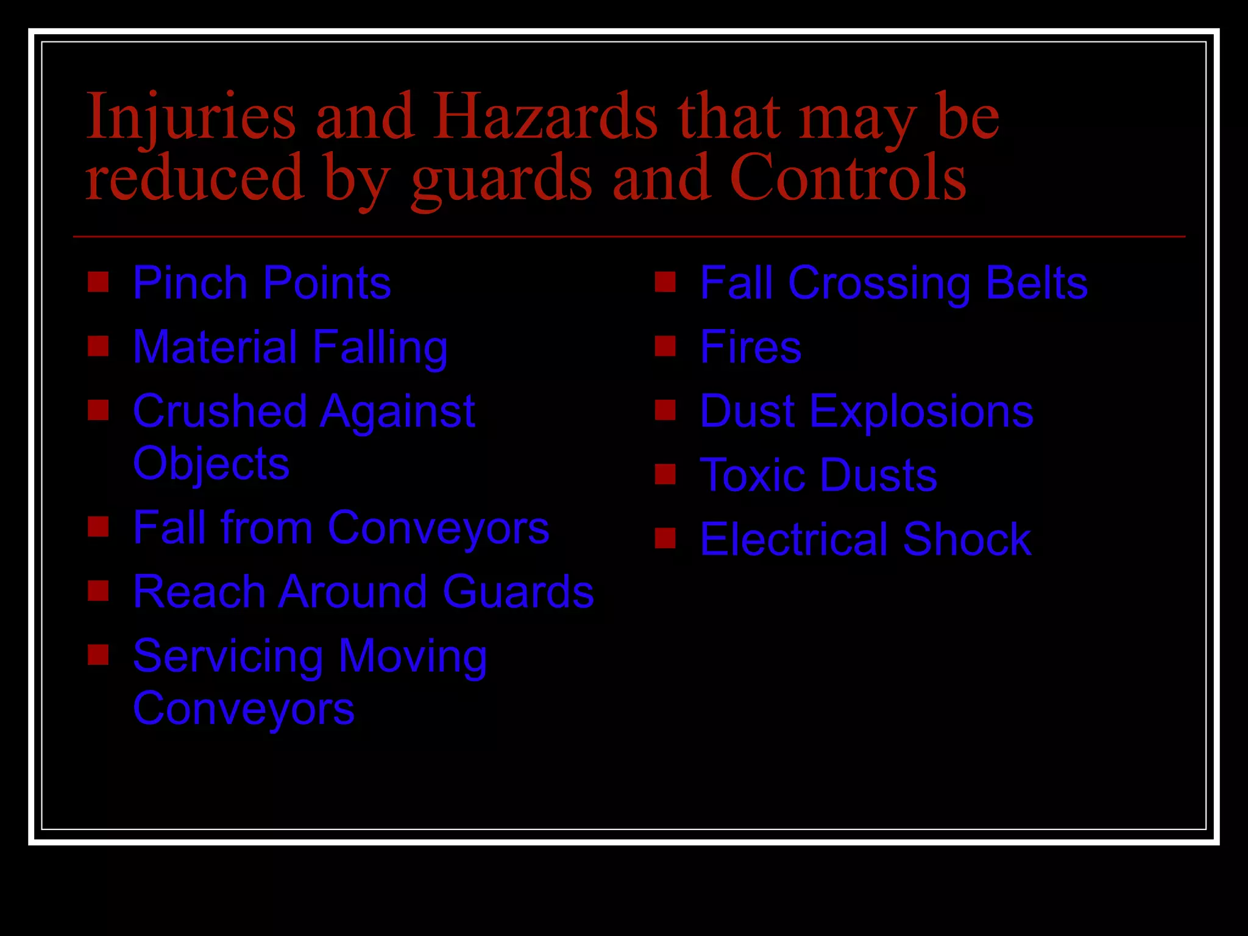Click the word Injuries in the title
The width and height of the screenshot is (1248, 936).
point(191,116)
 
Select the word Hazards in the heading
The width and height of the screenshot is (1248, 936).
point(545,116)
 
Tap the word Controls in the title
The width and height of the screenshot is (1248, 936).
point(848,177)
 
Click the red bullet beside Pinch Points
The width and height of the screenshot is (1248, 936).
point(98,282)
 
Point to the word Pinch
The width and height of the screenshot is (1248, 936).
point(190,283)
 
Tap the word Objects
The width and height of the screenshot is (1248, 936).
point(211,464)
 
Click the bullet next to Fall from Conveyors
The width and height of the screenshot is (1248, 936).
point(98,526)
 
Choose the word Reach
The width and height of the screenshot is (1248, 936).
point(199,592)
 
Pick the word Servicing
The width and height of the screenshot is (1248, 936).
point(228,657)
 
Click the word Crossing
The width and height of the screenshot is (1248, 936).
point(879,283)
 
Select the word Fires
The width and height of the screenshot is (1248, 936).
point(750,347)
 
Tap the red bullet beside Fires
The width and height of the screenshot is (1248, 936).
point(665,346)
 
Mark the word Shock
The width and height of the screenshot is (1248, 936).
point(967,539)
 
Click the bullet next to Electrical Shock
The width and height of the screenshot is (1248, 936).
point(665,538)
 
